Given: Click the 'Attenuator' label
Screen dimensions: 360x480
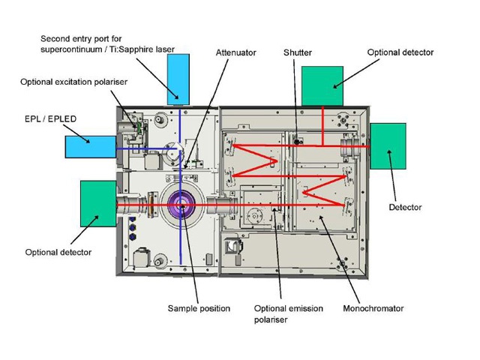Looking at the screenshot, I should click(235, 52).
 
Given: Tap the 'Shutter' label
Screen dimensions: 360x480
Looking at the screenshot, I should click(297, 52).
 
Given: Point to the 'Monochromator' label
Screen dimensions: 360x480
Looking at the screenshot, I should click(373, 307).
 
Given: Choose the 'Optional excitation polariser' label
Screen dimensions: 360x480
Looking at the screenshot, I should click(66, 80).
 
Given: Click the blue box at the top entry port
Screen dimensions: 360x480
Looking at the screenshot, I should click(178, 78).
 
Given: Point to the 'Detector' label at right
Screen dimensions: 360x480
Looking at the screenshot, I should click(405, 207).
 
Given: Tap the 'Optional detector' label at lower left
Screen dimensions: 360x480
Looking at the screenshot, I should click(58, 252).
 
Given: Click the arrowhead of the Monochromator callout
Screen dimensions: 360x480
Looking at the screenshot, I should click(319, 215).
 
